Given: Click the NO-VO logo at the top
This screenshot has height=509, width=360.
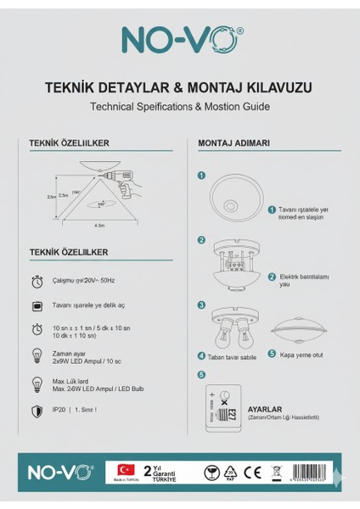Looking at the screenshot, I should (179, 39).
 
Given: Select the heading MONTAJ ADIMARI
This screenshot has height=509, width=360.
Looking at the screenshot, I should (234, 143).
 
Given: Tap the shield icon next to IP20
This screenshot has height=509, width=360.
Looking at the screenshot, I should (37, 411).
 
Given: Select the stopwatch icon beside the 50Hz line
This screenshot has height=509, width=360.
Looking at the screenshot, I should (37, 280).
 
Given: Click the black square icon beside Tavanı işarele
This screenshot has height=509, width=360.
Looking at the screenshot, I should (37, 304).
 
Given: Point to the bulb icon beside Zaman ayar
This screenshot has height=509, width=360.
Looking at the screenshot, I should (37, 355).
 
